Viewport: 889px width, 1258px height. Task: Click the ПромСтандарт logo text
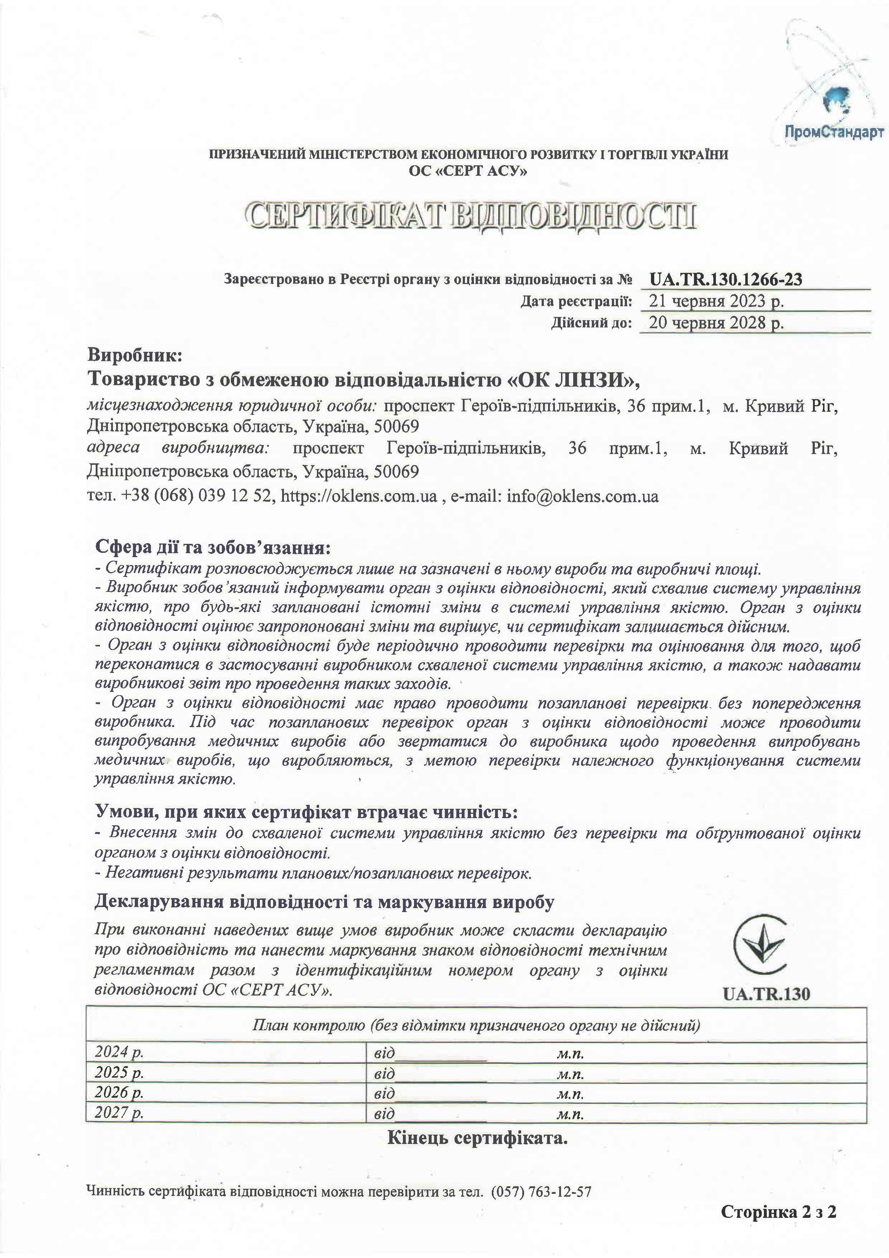tap(834, 133)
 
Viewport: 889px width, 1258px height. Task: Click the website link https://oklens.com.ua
tap(359, 497)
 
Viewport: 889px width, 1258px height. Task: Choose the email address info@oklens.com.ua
tap(582, 497)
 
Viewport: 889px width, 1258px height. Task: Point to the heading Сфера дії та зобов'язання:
tap(213, 547)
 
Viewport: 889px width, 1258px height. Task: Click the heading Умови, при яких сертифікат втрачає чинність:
tap(306, 812)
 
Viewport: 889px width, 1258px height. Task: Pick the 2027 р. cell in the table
tap(119, 1113)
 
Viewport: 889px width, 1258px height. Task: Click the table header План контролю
tap(476, 1025)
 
